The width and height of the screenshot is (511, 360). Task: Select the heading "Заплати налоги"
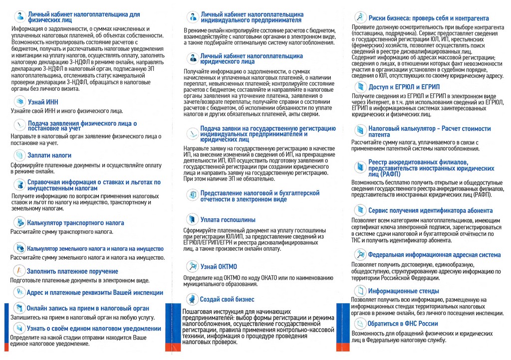(49, 155)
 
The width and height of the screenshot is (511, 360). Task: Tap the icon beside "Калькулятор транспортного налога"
(19, 222)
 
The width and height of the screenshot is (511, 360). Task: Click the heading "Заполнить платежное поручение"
(72, 271)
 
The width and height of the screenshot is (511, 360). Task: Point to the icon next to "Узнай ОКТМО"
(192, 266)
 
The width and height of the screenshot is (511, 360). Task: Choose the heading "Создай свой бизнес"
(227, 299)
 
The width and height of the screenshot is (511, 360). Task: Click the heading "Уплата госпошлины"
(228, 219)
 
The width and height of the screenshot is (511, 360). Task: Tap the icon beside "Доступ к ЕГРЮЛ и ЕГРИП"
(360, 88)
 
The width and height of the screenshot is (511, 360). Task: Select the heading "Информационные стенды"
(403, 291)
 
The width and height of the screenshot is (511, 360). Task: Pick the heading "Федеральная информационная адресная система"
(434, 255)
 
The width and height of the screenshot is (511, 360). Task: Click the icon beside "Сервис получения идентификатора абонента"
(360, 211)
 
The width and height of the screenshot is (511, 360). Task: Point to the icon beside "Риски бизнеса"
(360, 17)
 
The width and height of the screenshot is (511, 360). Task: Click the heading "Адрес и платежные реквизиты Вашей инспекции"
(95, 292)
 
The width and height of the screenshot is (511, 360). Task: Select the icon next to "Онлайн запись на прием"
(19, 308)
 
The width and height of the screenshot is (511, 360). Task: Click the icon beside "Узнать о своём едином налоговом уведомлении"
(19, 328)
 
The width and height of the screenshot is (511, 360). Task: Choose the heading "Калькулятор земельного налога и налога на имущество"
(95, 248)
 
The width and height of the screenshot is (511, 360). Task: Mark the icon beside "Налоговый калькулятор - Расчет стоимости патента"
(360, 131)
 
